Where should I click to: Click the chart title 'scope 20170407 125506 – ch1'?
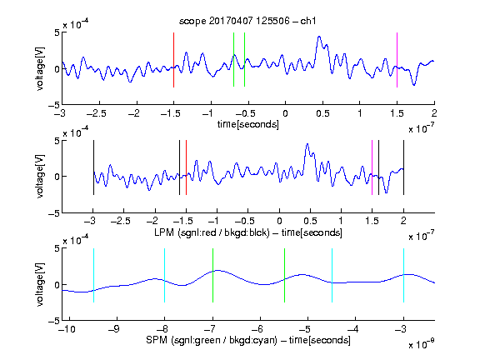tap(247, 21)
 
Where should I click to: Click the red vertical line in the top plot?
tap(173, 60)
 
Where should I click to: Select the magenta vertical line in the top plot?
tap(397, 60)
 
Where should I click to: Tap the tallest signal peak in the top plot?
tap(319, 37)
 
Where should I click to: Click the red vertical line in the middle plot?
tap(186, 167)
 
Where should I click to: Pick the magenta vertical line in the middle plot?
tap(372, 167)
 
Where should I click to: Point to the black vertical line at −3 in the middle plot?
tap(93, 167)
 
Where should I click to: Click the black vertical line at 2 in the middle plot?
tap(403, 167)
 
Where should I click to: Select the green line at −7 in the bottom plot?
tap(212, 275)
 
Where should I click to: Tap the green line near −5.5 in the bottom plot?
tap(284, 275)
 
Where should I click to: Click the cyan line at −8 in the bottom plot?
tap(165, 275)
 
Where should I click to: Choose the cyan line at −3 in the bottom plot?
tap(403, 275)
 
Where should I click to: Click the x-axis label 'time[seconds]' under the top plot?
tap(248, 124)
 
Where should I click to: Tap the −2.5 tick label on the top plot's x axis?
tap(96, 113)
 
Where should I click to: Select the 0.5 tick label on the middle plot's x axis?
tap(310, 221)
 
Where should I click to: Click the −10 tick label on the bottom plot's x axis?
tap(67, 329)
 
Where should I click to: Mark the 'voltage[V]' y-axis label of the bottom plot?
tap(40, 284)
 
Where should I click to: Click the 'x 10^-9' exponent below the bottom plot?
tap(422, 344)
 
